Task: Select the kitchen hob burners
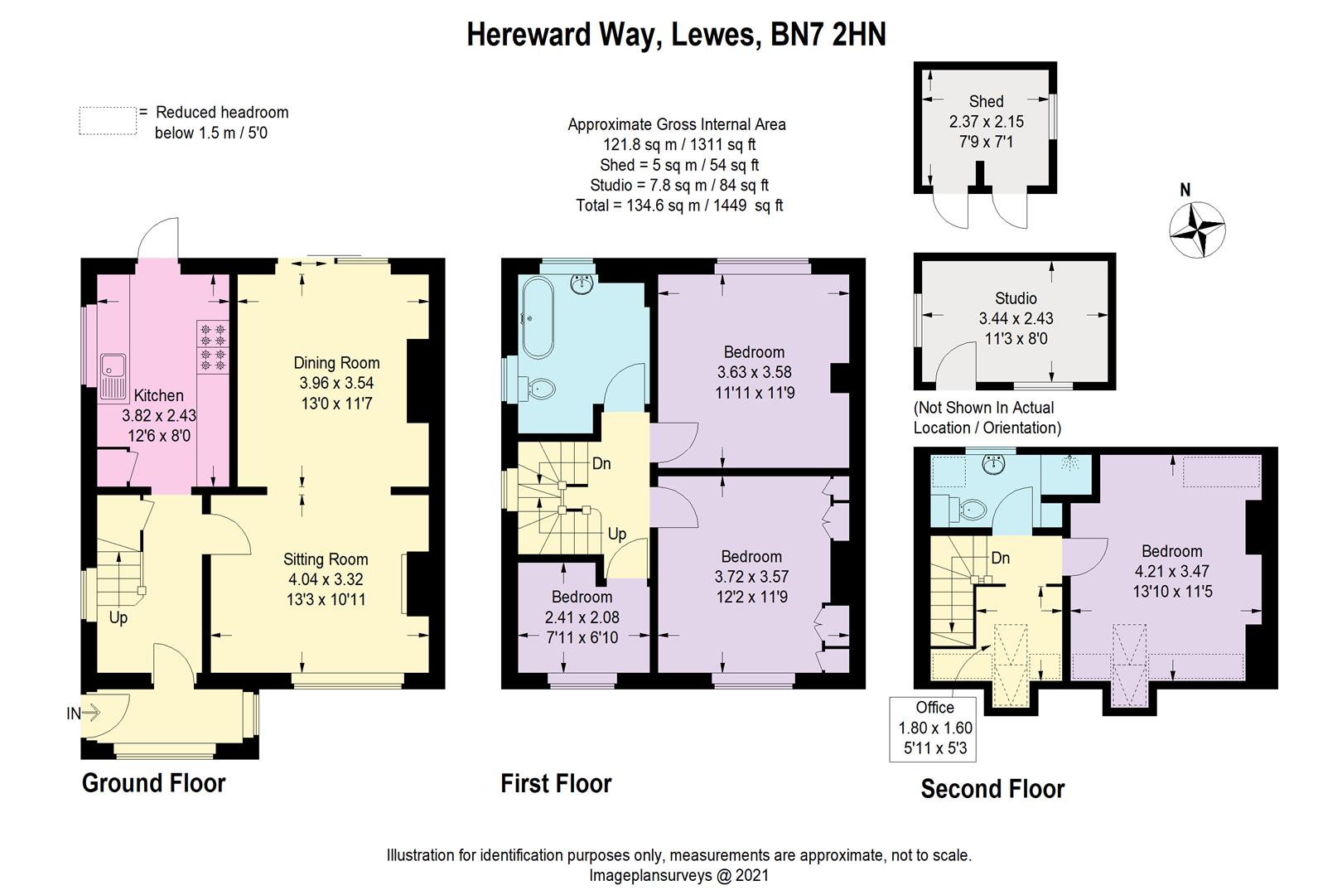212,346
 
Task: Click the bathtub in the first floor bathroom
537,317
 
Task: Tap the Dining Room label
336,363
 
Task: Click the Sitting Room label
326,559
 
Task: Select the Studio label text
1016,298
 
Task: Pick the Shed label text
986,101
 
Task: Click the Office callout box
935,728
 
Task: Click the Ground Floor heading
153,783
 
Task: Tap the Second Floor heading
992,789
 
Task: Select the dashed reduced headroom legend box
108,121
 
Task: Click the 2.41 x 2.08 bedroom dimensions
582,617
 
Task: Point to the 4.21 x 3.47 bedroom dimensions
1171,571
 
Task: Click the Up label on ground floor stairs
118,618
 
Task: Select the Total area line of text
679,206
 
